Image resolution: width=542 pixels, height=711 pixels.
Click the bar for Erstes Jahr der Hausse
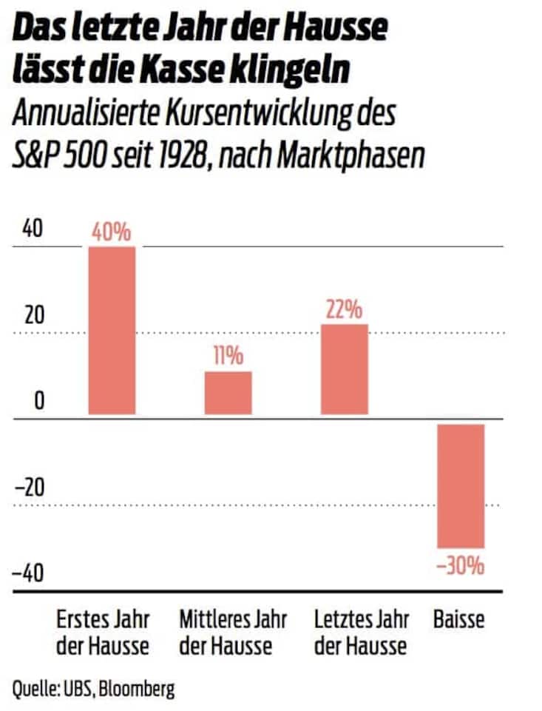112,330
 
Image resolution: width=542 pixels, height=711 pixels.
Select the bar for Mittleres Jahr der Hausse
228,392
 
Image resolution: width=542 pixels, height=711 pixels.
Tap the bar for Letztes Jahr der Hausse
344,368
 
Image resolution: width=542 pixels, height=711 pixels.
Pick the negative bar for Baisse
461,485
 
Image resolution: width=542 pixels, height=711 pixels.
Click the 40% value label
112,232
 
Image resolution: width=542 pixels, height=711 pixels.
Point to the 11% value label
228,357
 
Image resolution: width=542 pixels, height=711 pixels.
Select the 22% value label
344,309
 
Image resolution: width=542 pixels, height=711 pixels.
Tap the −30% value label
461,567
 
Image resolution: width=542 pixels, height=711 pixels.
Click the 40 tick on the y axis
33,229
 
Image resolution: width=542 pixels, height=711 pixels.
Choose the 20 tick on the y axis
33,316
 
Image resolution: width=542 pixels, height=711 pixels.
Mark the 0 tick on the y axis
38,402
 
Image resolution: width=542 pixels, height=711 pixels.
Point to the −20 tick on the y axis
30,488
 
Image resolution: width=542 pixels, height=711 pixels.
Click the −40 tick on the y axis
30,574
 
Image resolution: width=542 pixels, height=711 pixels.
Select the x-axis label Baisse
458,619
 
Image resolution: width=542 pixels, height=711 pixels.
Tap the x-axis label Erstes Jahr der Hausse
103,632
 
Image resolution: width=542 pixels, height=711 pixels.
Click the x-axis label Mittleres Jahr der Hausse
232,632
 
